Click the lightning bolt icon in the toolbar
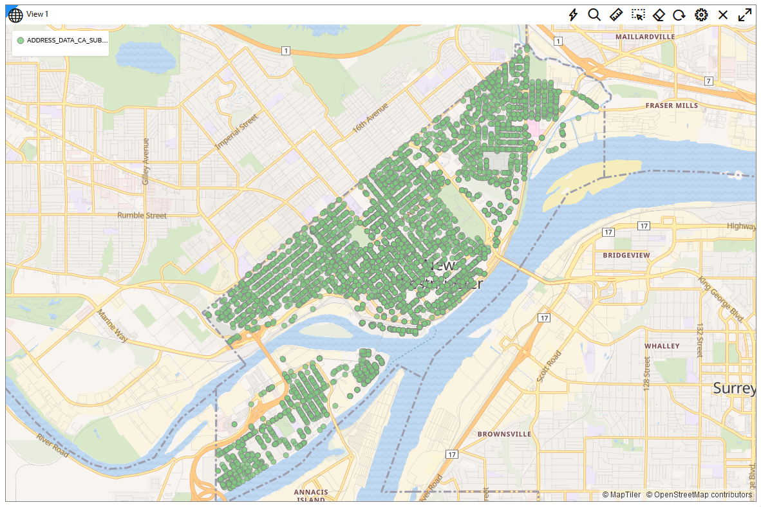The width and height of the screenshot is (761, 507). [573, 14]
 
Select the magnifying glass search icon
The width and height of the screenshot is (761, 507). [594, 14]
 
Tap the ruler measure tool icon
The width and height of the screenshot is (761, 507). [616, 14]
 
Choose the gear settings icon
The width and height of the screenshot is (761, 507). [701, 14]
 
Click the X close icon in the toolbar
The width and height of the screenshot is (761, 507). [723, 14]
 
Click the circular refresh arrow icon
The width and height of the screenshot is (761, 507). [679, 14]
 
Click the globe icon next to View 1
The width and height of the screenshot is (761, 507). [15, 14]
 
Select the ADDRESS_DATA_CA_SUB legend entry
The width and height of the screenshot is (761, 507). [62, 41]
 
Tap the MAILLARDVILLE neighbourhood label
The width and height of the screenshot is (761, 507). [645, 37]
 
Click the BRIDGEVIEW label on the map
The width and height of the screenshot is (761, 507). [626, 255]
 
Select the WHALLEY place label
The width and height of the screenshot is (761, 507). [662, 346]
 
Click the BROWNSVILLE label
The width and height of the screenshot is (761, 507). [504, 434]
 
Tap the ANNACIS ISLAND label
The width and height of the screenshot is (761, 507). [311, 496]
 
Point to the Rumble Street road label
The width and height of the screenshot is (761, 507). [142, 216]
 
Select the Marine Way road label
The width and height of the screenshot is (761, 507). [113, 326]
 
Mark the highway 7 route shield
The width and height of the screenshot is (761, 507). [708, 80]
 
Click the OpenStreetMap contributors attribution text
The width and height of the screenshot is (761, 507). [699, 495]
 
